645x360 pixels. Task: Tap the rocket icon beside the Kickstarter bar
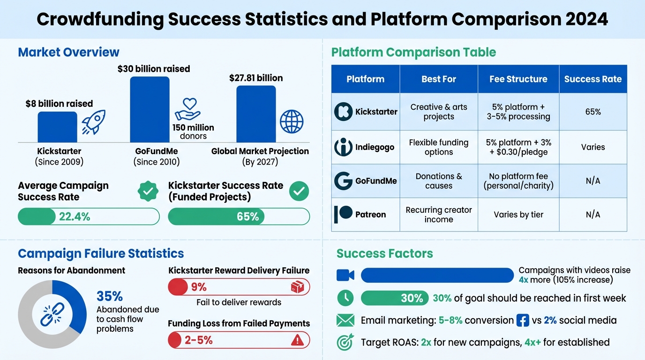click(x=94, y=122)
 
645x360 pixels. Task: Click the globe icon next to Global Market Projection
click(x=292, y=122)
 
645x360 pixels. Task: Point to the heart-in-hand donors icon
click(x=187, y=109)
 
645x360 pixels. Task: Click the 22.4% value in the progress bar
click(x=75, y=217)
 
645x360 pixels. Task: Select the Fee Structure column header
click(x=518, y=79)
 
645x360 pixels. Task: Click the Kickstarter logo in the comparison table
click(x=343, y=112)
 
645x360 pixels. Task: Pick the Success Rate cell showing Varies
click(x=592, y=147)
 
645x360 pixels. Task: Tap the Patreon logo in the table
click(x=343, y=214)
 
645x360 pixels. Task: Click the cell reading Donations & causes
click(x=438, y=181)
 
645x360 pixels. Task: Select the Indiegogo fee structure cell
click(x=518, y=147)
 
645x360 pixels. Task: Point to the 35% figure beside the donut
click(x=110, y=296)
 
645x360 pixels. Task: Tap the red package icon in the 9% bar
click(x=297, y=287)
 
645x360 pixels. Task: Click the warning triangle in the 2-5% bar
click(x=297, y=340)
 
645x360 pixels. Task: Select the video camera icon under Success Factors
click(x=345, y=275)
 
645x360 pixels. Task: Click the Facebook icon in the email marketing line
click(x=522, y=321)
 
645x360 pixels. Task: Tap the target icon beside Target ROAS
click(x=345, y=342)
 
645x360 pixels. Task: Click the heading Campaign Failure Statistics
click(x=101, y=254)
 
